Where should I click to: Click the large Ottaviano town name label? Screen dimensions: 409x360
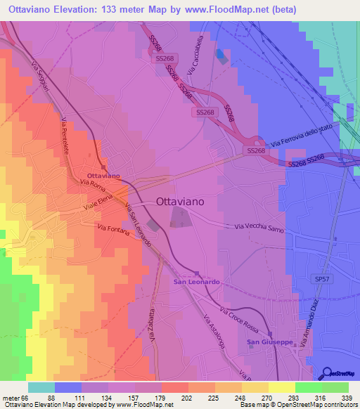pyautogui.click(x=179, y=201)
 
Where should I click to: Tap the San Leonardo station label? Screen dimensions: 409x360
pyautogui.click(x=198, y=281)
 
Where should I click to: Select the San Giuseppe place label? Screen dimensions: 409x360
pyautogui.click(x=270, y=342)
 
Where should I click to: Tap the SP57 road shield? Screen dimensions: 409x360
pyautogui.click(x=323, y=279)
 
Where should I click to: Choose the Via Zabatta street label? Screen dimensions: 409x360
pyautogui.click(x=151, y=324)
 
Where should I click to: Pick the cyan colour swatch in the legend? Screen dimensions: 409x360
pyautogui.click(x=41, y=387)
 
